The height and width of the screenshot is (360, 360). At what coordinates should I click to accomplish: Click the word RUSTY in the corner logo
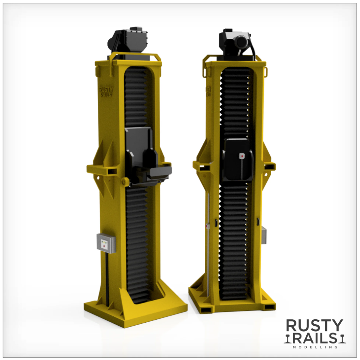click(x=314, y=325)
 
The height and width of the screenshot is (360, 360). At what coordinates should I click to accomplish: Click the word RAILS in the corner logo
click(x=316, y=338)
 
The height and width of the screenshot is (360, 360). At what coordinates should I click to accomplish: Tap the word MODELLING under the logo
click(x=315, y=347)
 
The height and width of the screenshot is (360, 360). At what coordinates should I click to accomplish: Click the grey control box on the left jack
click(x=106, y=243)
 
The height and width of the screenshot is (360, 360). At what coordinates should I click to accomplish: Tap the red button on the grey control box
click(x=104, y=246)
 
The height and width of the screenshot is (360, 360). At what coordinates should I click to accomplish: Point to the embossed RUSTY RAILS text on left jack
click(x=106, y=91)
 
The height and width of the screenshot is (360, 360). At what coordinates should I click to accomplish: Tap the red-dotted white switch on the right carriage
click(x=241, y=156)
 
